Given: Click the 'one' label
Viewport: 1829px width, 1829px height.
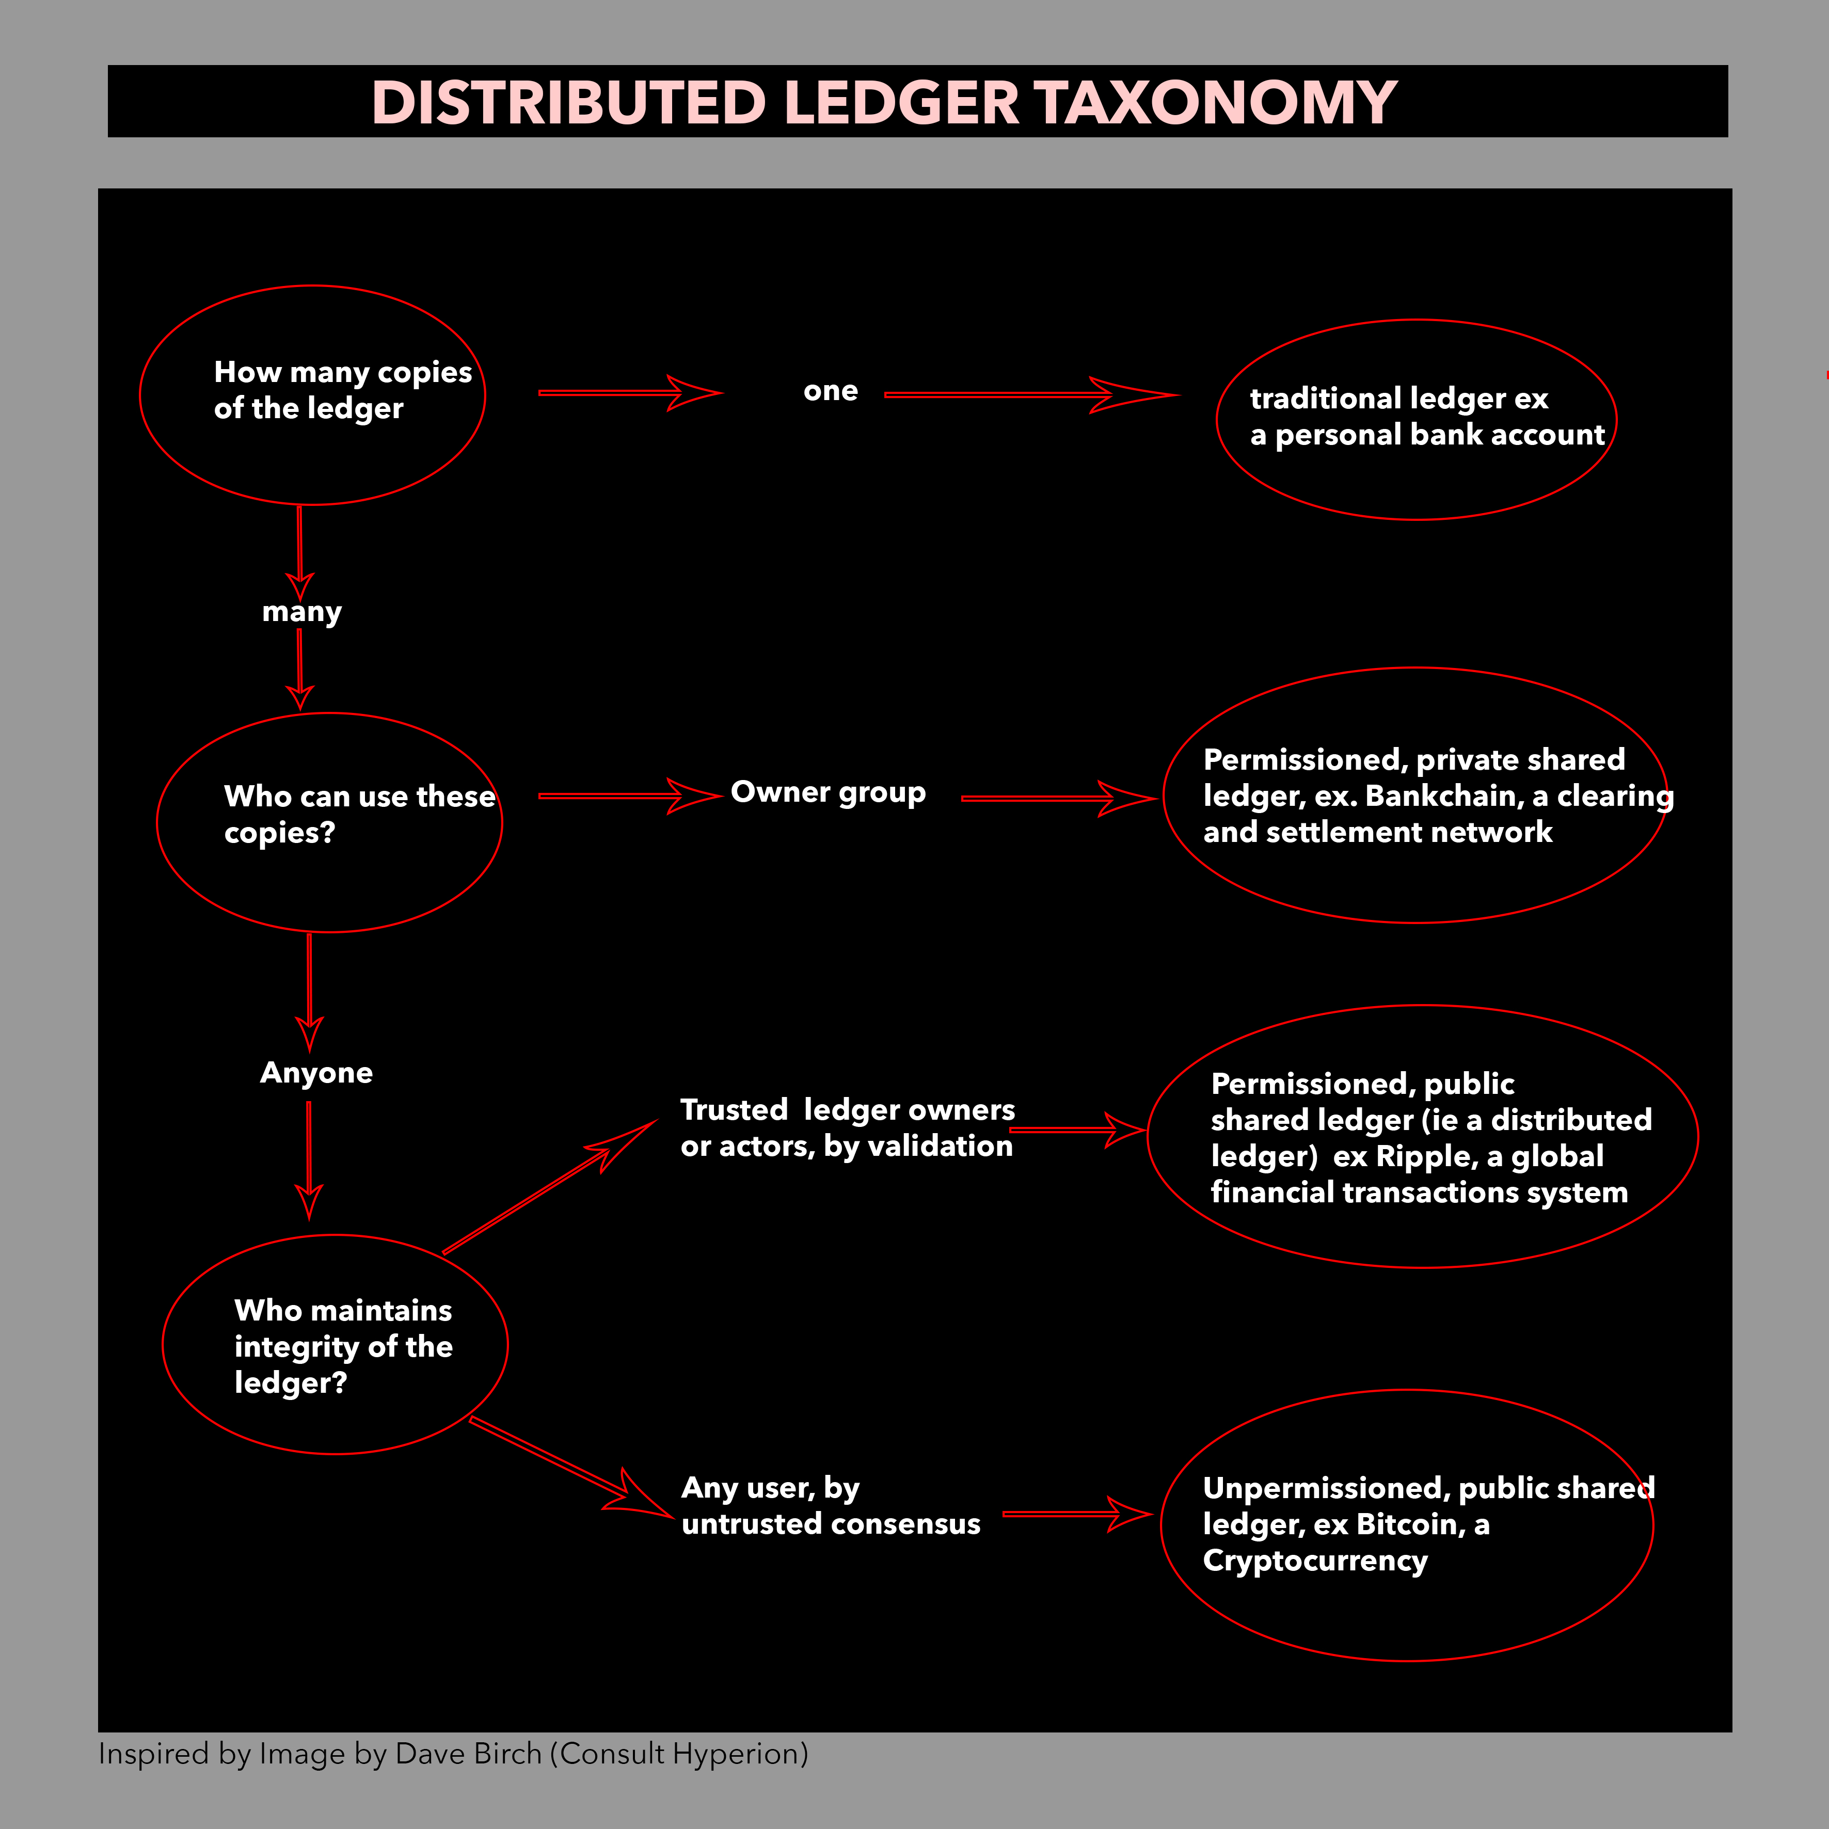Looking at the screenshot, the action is pyautogui.click(x=830, y=390).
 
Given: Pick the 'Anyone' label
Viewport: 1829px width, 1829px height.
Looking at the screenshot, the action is pyautogui.click(x=316, y=1073).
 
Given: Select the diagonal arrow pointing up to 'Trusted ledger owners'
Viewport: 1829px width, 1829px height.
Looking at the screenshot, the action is pyautogui.click(x=550, y=1187).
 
